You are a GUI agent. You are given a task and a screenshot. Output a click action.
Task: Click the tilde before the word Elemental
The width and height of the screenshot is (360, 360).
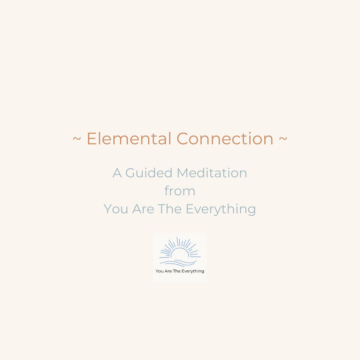pyautogui.click(x=77, y=139)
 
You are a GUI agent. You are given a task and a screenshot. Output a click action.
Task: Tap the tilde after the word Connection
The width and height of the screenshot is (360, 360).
pyautogui.click(x=283, y=139)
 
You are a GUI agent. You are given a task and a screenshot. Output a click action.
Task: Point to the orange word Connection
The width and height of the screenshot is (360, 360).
pyautogui.click(x=225, y=139)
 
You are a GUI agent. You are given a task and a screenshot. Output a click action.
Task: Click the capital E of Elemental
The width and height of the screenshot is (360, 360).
pyautogui.click(x=91, y=139)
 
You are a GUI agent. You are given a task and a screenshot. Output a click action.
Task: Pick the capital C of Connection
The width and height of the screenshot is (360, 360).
pyautogui.click(x=183, y=139)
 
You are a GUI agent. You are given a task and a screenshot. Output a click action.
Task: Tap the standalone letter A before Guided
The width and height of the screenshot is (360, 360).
pyautogui.click(x=117, y=173)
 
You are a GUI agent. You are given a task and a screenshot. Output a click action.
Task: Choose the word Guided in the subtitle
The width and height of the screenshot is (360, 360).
pyautogui.click(x=149, y=173)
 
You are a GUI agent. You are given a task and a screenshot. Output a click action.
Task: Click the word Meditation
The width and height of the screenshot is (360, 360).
pyautogui.click(x=212, y=173)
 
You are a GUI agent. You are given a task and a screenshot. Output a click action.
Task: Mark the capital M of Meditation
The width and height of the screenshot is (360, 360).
pyautogui.click(x=183, y=173)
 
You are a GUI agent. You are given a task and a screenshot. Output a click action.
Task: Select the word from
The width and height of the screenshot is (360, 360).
pyautogui.click(x=180, y=191)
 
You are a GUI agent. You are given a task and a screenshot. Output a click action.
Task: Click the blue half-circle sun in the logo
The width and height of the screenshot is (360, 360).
pyautogui.click(x=180, y=253)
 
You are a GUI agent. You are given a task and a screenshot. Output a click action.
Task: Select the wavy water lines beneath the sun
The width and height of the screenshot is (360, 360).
pyautogui.click(x=180, y=262)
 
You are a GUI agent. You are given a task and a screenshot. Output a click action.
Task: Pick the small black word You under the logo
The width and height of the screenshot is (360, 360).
pyautogui.click(x=160, y=271)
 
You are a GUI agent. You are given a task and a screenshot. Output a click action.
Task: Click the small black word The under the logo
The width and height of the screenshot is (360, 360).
pyautogui.click(x=176, y=271)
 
